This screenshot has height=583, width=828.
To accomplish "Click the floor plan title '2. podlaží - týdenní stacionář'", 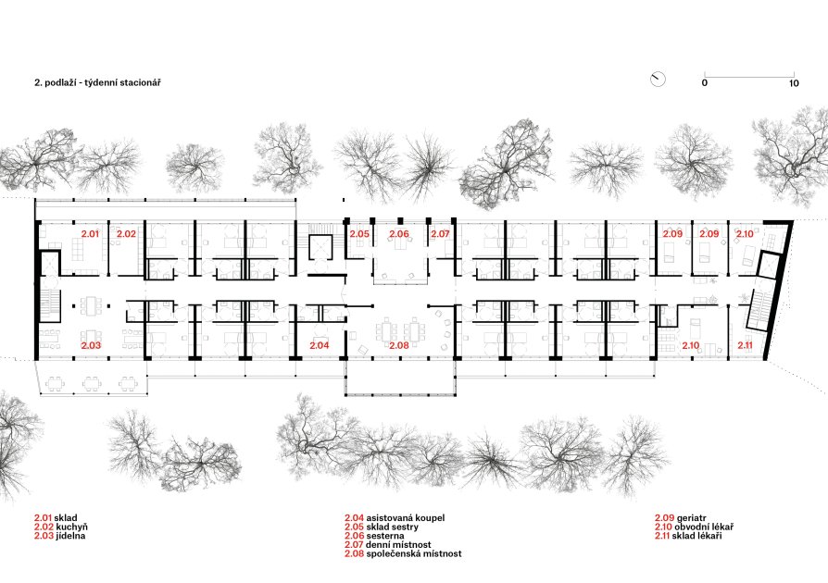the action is (x=97, y=83).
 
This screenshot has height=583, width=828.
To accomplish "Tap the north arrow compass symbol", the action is (x=658, y=80).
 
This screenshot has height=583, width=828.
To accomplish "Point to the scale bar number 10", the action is (x=794, y=83).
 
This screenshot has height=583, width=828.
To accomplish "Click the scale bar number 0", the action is (x=705, y=83).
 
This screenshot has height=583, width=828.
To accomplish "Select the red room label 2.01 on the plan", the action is (x=90, y=233).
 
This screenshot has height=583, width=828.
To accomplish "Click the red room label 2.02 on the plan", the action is (x=126, y=233).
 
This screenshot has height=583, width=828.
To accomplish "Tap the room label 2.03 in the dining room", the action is (x=90, y=345).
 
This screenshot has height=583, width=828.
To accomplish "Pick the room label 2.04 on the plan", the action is (x=319, y=345).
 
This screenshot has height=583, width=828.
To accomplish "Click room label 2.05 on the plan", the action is (x=359, y=233).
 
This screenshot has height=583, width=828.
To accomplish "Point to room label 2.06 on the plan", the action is (x=399, y=233).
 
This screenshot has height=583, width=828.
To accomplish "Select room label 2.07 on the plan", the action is (x=440, y=233).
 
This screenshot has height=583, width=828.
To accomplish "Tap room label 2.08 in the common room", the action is (x=399, y=345).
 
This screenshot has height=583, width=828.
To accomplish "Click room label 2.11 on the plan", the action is (x=745, y=345).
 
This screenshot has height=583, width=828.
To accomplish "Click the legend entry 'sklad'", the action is (x=66, y=518).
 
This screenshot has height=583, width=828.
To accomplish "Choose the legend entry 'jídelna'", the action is (x=70, y=536).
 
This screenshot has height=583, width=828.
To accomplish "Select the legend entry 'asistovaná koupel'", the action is (x=405, y=518).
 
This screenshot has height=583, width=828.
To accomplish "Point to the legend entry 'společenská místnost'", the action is (x=413, y=554).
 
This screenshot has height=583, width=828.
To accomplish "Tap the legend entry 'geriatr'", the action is (x=691, y=518).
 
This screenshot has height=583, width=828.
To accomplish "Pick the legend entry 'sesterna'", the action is (x=385, y=536).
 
